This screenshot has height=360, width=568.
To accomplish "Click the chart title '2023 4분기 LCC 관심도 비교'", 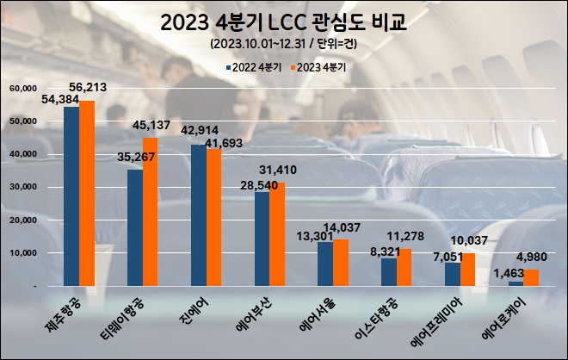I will (x=284, y=22).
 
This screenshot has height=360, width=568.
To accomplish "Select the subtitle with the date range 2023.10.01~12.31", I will (x=284, y=43).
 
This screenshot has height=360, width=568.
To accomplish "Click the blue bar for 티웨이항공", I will (x=135, y=227).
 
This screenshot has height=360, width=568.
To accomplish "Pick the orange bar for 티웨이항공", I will (x=151, y=211).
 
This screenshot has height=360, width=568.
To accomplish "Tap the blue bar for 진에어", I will (x=199, y=215).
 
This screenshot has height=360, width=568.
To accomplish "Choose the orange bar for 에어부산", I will (x=277, y=233).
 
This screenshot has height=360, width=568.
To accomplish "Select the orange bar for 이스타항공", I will (x=404, y=267).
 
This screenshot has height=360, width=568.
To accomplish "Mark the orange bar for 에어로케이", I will (x=530, y=277).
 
